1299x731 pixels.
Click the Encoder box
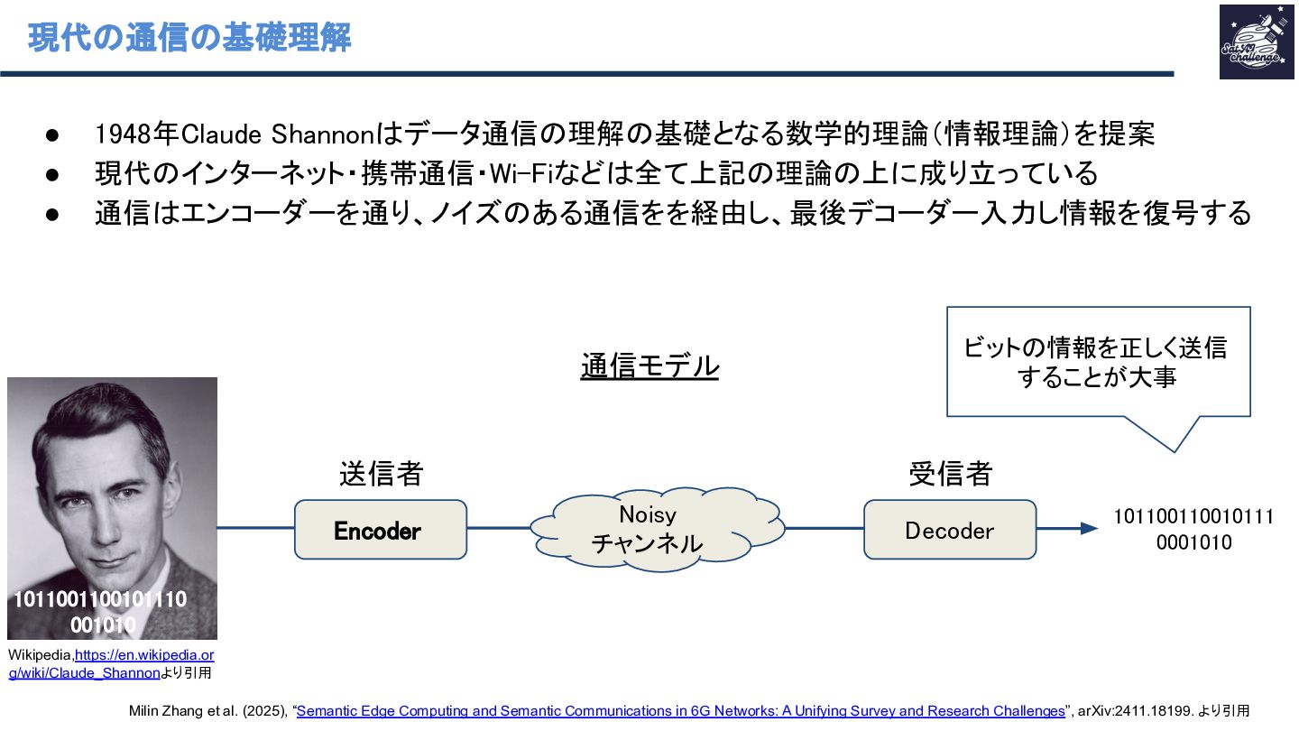click(380, 530)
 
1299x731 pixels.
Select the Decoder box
click(949, 530)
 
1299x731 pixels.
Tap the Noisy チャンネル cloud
click(647, 529)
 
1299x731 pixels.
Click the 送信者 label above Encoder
click(381, 473)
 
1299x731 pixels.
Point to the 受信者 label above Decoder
click(949, 473)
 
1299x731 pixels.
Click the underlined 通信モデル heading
click(649, 366)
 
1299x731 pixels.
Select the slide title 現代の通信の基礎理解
click(189, 39)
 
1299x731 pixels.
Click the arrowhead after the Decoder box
click(1089, 529)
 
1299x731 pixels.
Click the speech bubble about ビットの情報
click(1097, 362)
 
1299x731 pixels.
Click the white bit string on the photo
click(101, 612)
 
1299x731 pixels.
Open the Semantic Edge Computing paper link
click(680, 711)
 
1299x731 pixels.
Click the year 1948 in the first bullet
click(123, 135)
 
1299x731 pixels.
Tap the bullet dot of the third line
click(51, 214)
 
